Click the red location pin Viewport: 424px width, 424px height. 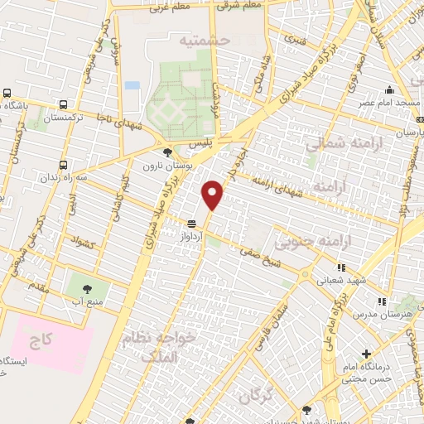click(x=214, y=195)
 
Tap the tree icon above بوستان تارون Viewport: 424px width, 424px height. click(x=167, y=152)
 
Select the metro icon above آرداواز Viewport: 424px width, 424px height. click(x=191, y=223)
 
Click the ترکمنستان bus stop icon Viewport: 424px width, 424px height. click(x=64, y=105)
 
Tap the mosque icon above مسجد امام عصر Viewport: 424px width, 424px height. click(x=387, y=89)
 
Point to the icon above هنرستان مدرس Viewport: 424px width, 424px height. click(x=382, y=302)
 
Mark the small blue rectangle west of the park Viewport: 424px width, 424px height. click(x=132, y=85)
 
